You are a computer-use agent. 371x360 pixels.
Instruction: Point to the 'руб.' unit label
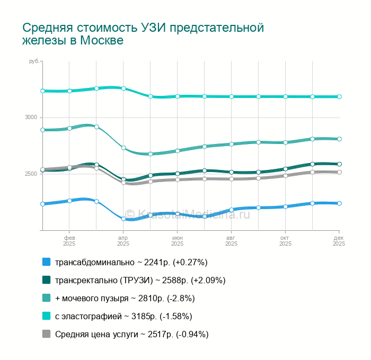34,62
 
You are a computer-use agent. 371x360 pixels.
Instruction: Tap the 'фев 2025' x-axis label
69,241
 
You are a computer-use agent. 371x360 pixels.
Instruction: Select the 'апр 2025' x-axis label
123,241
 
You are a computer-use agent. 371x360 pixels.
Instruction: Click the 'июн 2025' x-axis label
178,241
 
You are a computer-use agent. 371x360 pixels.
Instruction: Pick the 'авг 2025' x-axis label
231,241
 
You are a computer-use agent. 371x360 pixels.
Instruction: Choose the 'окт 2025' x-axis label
285,241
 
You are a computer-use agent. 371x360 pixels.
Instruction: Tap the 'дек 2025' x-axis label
339,241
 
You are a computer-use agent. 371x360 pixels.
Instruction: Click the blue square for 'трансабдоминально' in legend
46,262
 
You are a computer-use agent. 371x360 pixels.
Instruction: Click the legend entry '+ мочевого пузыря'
125,298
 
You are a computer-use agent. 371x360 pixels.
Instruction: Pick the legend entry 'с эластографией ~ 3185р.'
123,316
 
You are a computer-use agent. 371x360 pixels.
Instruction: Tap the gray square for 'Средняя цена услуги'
46,334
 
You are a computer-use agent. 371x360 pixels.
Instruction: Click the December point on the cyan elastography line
339,97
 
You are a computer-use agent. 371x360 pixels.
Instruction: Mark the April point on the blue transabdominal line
123,219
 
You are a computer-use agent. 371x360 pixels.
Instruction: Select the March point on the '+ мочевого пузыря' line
96,127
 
